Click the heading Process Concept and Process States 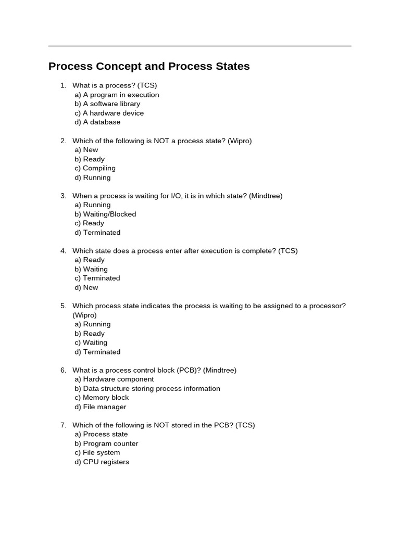click(149, 67)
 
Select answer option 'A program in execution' click(117, 95)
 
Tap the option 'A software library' click(107, 104)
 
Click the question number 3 click(63, 196)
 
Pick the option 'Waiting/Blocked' click(105, 214)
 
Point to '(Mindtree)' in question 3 click(266, 196)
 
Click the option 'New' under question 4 click(86, 287)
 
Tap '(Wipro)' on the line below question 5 click(84, 315)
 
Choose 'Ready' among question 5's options click(90, 334)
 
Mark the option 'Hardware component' click(114, 379)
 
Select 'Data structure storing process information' click(147, 388)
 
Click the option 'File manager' click(101, 407)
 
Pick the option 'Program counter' click(106, 443)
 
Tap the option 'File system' click(97, 452)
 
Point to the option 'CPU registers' click(102, 462)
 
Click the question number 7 click(63, 425)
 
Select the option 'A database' click(97, 122)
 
